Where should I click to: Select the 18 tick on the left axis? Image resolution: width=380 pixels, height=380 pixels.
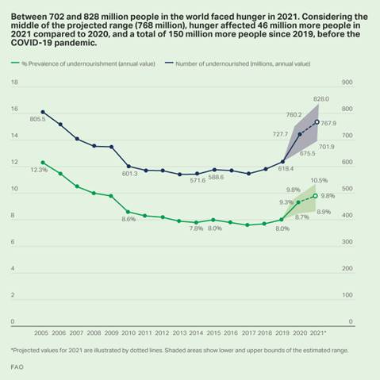tap(13, 82)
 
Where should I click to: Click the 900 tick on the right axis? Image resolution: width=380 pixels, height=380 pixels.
tap(347, 82)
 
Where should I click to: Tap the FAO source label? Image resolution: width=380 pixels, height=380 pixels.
tap(17, 367)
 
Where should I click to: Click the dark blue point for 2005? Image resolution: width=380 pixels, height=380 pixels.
tap(43, 112)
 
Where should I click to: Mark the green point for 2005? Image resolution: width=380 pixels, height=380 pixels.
tap(43, 163)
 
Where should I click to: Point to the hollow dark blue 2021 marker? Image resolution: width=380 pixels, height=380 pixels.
tap(317, 122)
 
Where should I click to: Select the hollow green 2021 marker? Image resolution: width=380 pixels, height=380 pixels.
tap(317, 196)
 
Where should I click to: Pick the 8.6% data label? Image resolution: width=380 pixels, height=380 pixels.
tap(128, 219)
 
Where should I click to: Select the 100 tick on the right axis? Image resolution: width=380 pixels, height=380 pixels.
tap(347, 296)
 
